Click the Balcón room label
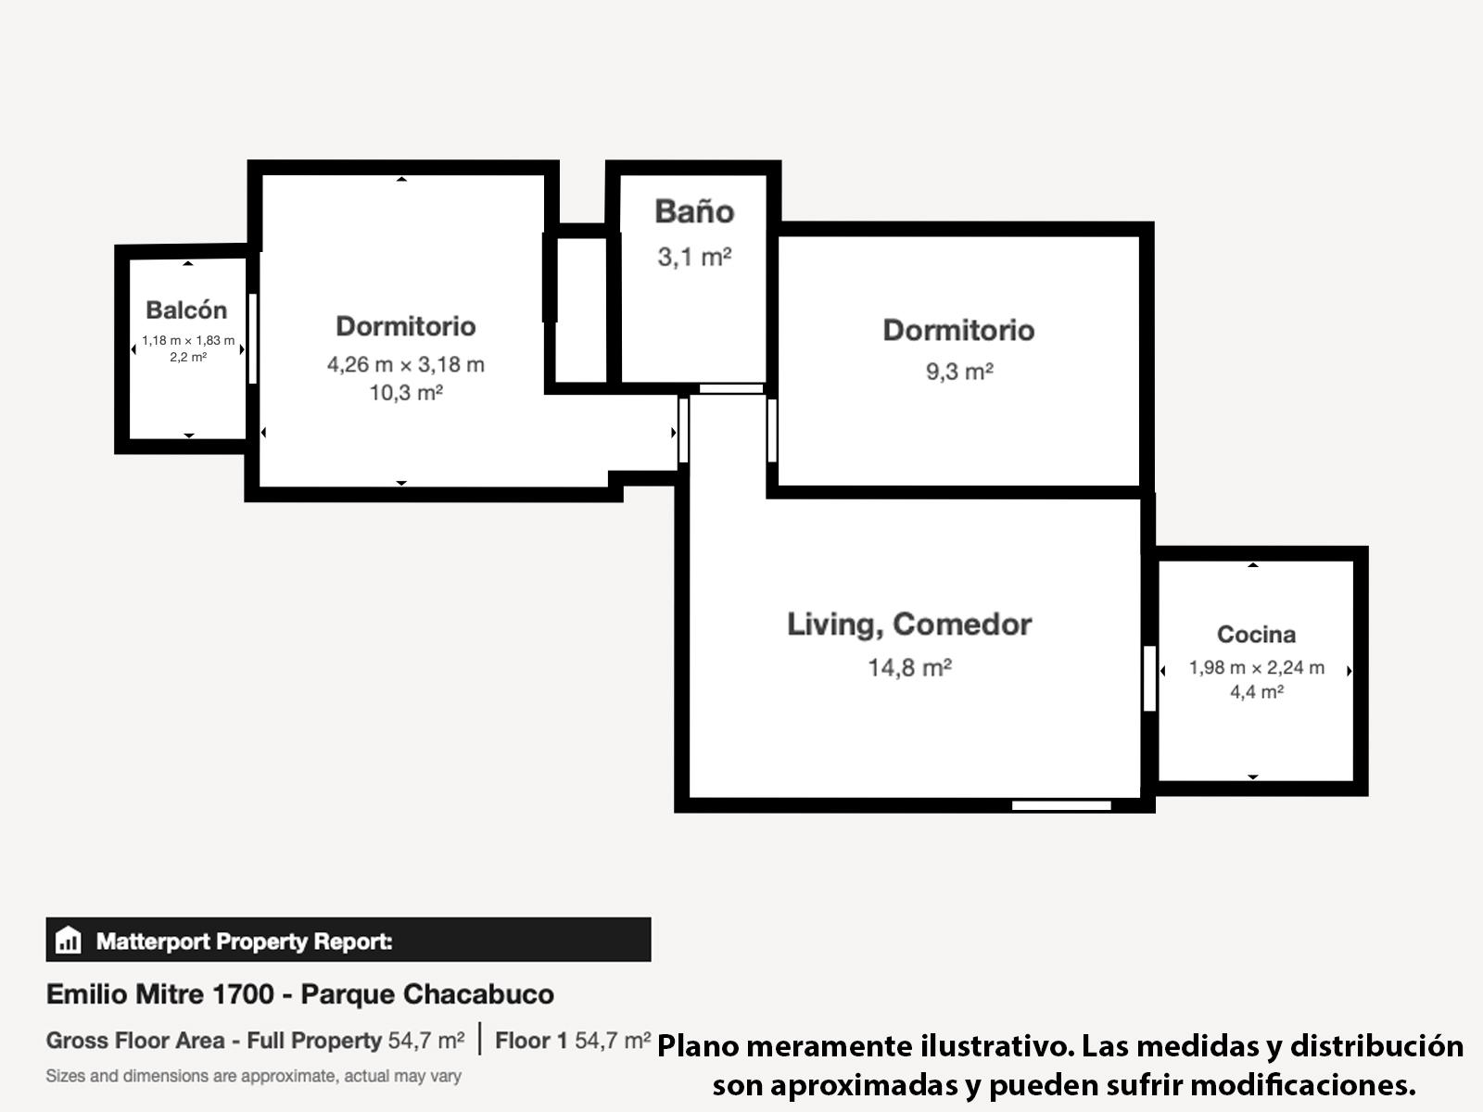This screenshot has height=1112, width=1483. point(186,310)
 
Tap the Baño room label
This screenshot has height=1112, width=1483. point(694,211)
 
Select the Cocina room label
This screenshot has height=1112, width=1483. point(1257,634)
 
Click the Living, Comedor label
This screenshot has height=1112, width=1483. point(909,625)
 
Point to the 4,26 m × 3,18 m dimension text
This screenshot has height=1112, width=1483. point(406,364)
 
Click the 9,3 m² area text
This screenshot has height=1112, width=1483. point(959,372)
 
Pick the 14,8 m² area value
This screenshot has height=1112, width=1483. point(910,668)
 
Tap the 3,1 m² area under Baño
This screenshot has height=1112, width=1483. point(694,258)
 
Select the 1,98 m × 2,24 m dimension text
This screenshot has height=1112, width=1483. point(1257,668)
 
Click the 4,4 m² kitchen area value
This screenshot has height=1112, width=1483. point(1257,692)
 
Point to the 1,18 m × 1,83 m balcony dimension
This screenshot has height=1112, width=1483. point(188,341)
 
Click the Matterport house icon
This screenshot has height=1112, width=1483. point(69,939)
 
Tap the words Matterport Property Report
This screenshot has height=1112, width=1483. point(244,941)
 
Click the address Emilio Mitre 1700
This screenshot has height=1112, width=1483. point(160,993)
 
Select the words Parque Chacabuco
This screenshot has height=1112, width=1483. point(427,994)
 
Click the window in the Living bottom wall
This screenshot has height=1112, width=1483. point(1061,805)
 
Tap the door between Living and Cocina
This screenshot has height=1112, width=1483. point(1149,678)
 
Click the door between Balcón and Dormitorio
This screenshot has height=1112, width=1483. point(253,339)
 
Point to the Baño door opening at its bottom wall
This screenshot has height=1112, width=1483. point(731,389)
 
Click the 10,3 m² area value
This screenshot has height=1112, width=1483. point(406,392)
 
